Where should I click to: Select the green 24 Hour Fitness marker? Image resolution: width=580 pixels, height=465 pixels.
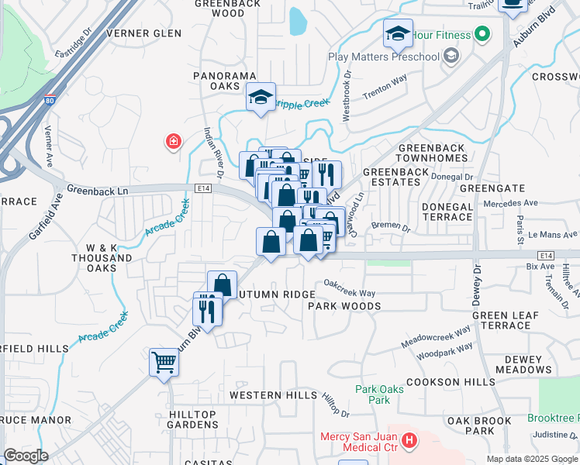coord(482,34)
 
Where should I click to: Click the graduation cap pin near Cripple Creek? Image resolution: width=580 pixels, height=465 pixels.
coord(261,97)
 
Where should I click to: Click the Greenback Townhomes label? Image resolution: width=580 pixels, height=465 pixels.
coord(431,153)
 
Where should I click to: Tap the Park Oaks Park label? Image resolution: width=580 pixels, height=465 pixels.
coord(379,394)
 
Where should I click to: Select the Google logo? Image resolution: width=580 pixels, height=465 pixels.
coord(26,456)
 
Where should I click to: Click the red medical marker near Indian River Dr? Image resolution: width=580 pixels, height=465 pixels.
coord(174,141)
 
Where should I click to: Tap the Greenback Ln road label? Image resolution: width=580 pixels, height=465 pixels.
coord(96,188)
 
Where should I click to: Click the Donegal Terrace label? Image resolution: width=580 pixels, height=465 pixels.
coord(447,212)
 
